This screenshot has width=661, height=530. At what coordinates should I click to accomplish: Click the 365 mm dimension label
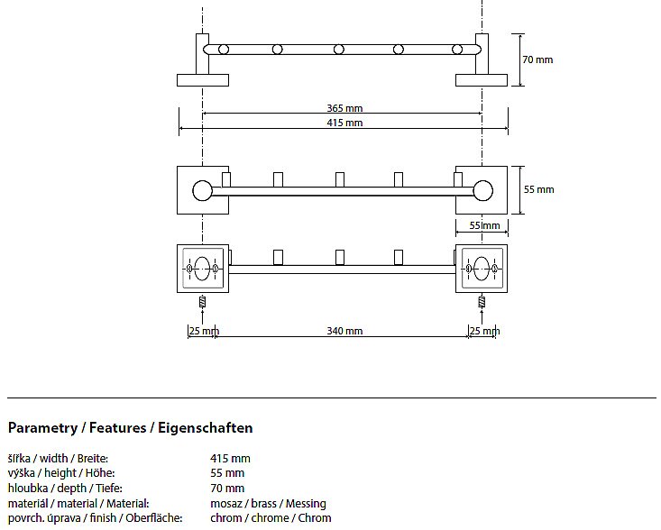click(344, 108)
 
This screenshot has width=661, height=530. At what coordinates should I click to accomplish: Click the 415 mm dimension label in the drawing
click(344, 123)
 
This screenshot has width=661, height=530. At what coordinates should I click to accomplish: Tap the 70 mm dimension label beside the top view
click(538, 59)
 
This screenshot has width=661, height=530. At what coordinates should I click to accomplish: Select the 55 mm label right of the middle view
click(539, 189)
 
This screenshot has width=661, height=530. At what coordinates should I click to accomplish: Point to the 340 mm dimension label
click(344, 331)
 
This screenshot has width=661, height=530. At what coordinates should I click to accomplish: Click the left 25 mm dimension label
click(203, 331)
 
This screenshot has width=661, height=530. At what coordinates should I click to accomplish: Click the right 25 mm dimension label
click(484, 331)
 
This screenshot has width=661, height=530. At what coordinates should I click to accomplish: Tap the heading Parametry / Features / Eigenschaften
click(130, 427)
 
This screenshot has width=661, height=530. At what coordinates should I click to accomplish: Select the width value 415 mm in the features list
click(230, 459)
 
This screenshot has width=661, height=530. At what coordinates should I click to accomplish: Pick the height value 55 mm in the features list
click(227, 473)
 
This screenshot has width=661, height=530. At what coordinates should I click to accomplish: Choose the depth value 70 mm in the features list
click(227, 489)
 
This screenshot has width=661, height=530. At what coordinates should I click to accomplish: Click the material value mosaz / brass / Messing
click(268, 503)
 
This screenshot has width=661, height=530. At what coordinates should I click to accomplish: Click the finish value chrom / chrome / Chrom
click(271, 518)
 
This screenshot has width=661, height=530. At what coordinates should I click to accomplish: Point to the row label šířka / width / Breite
click(58, 459)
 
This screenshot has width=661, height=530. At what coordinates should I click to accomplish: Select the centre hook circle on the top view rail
click(339, 49)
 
